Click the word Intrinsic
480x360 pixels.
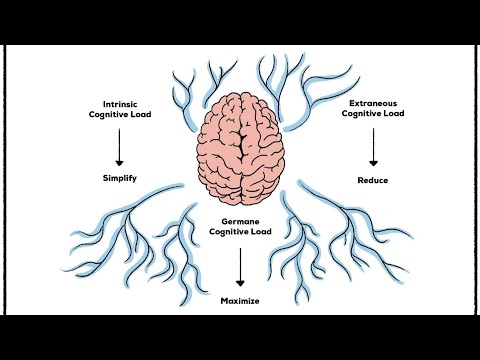pos(120,103)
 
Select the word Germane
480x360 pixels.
pos(241,220)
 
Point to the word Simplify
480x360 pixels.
pos(119,180)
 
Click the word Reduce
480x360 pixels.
pos(373,180)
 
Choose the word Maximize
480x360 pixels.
pos(241,299)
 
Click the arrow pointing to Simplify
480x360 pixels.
pos(120,147)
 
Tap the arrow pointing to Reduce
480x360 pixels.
pos(374,148)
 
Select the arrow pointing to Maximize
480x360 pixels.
pos(241,265)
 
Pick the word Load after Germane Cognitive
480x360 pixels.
pos(261,231)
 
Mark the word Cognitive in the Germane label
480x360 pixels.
pos(229,231)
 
